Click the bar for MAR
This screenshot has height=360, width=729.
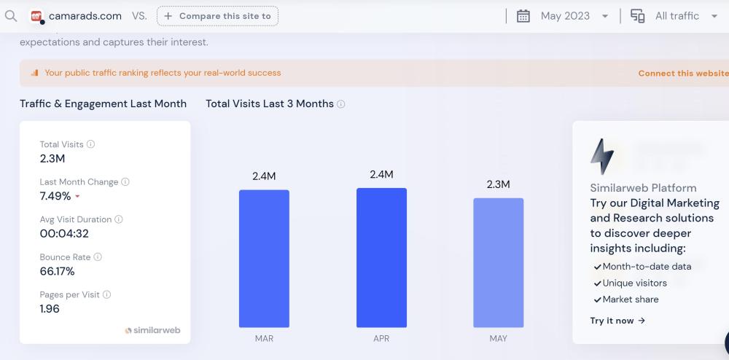[264, 259]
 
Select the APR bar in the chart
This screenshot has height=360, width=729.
[381, 257]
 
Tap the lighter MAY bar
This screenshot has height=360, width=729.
[498, 262]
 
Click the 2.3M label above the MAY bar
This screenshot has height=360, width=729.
[498, 184]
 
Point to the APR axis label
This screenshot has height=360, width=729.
[381, 339]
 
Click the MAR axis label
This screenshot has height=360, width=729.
[264, 339]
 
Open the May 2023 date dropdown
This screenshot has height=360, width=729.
[563, 16]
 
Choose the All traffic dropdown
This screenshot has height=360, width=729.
[675, 16]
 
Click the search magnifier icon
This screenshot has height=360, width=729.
[10, 16]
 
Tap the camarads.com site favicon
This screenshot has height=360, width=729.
[37, 16]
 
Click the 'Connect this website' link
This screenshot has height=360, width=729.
[682, 73]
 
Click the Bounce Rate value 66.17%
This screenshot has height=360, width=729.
[57, 271]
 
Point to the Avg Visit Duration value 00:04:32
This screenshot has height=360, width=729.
[64, 234]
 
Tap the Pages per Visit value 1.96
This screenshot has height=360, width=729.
[50, 308]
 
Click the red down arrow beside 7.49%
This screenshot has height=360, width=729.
[77, 197]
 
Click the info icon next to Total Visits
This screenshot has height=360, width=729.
[91, 144]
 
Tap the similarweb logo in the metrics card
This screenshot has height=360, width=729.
[152, 330]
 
